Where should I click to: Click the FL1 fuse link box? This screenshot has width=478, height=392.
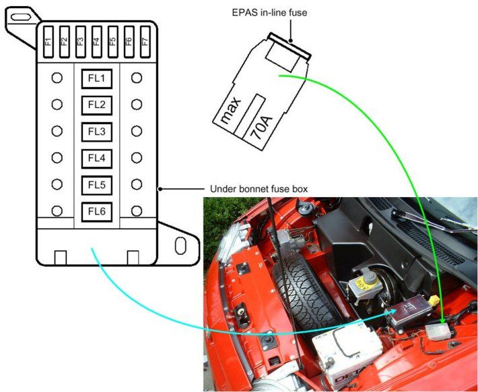coord(97,79)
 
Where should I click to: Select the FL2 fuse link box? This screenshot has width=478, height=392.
coord(97,105)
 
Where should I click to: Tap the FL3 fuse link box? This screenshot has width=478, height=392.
coord(97,132)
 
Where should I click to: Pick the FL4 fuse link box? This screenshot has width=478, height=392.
coord(97,158)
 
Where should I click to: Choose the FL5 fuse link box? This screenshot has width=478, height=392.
coord(97,184)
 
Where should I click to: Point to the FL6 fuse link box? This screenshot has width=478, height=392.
coord(97,211)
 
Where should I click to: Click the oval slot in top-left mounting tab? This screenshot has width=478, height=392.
coord(22,14)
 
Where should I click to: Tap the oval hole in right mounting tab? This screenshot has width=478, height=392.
coord(180,245)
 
